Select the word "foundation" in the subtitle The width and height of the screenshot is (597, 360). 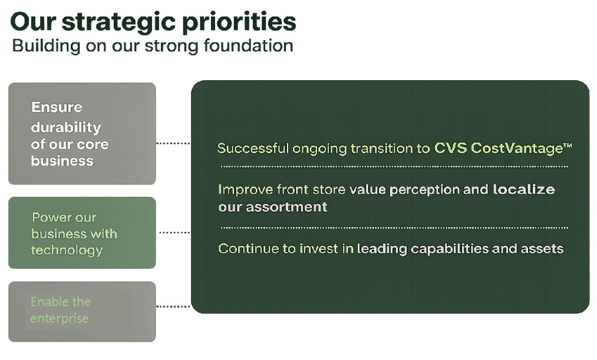click(249, 45)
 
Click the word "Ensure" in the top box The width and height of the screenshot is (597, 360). click(57, 107)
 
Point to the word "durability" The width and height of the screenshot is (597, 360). click(66, 127)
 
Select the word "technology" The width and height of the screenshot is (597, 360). click(67, 250)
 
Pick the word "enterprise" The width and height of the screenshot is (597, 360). click(60, 319)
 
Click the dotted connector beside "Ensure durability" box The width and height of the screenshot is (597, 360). click(173, 143)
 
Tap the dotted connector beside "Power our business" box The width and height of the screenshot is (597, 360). click(174, 232)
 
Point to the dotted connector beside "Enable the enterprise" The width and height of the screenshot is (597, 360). click(173, 306)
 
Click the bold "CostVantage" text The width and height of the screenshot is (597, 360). click(517, 148)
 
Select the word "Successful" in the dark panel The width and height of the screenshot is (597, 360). click(253, 148)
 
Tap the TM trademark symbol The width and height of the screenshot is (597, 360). click(568, 146)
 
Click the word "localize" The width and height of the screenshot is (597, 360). click(524, 190)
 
